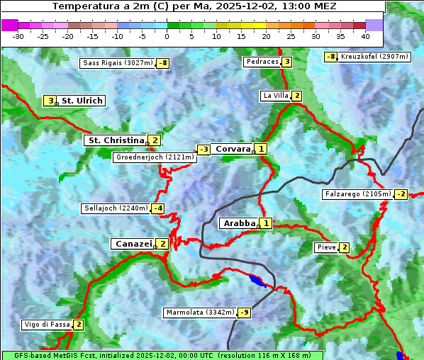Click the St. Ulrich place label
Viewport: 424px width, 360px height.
click(x=82, y=101)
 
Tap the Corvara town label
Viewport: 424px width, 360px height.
click(x=233, y=149)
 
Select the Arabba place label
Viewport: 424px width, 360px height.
click(x=239, y=223)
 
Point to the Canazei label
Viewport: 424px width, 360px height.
click(x=132, y=244)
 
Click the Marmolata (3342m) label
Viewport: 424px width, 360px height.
click(x=199, y=313)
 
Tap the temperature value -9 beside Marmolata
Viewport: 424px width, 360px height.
click(x=245, y=313)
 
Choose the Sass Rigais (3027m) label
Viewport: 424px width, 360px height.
click(x=117, y=63)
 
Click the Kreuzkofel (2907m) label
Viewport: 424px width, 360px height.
click(x=374, y=57)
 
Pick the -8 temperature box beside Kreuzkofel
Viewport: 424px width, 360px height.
click(x=330, y=57)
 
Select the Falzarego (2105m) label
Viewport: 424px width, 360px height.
click(x=357, y=194)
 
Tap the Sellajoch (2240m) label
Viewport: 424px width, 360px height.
click(x=115, y=208)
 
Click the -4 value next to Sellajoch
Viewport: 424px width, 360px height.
click(x=157, y=208)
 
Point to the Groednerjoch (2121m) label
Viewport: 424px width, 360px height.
click(x=154, y=157)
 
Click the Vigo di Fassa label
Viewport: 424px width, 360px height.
click(x=47, y=325)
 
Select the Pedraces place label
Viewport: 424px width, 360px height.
click(x=262, y=62)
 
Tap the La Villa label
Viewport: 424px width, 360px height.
click(x=275, y=96)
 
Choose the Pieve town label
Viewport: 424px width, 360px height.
click(x=326, y=247)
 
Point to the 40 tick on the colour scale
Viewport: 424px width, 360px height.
click(x=365, y=36)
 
